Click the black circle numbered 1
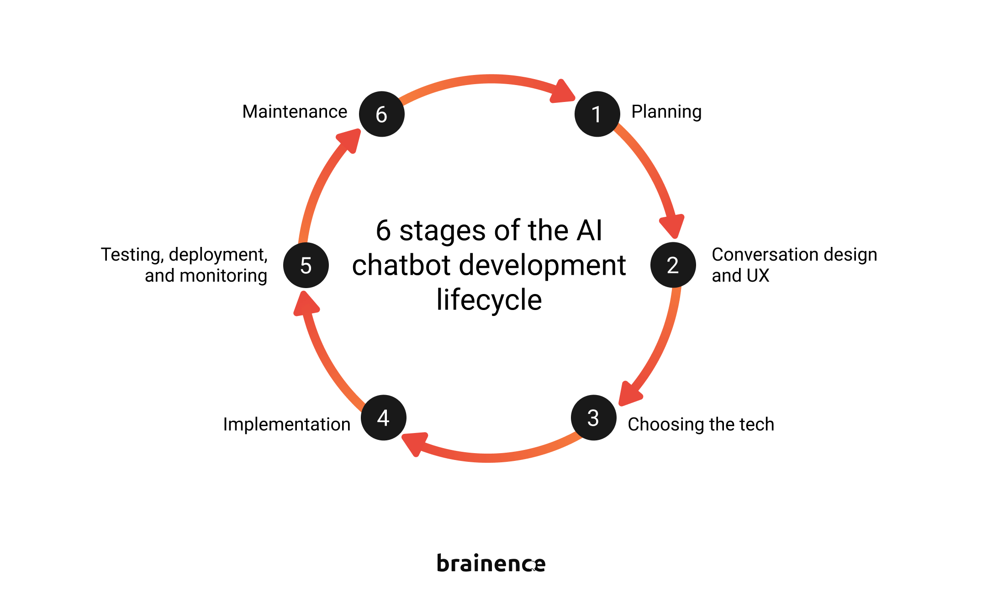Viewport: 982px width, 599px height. [x=597, y=114]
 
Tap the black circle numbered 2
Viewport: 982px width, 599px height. [x=673, y=265]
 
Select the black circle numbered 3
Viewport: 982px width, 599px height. [x=593, y=417]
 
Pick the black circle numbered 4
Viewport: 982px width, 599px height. [x=383, y=417]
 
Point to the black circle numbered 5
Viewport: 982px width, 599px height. [x=306, y=265]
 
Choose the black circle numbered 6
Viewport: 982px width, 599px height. [x=381, y=114]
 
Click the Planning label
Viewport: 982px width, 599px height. [x=666, y=112]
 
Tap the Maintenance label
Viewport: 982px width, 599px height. [x=295, y=112]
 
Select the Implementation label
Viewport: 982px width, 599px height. [x=286, y=424]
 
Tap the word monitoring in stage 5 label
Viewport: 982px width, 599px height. [x=223, y=276]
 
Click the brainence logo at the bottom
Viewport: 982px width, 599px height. [x=491, y=563]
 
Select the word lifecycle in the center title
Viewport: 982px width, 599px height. [x=489, y=300]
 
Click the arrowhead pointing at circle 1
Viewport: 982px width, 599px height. [x=563, y=92]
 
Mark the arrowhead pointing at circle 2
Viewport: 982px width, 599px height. [x=672, y=225]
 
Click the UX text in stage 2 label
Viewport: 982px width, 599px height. [x=758, y=276]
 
